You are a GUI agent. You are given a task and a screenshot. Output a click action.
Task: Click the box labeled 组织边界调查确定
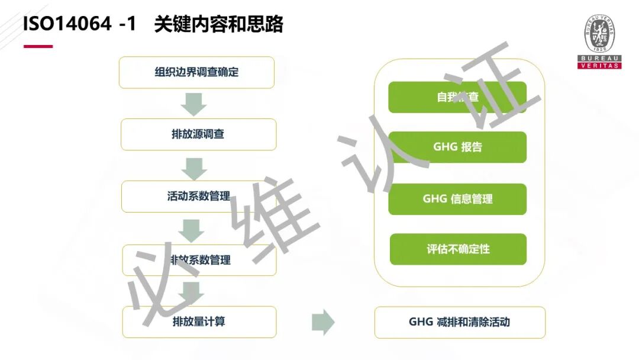196,72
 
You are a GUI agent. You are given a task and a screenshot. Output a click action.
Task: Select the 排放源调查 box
198,134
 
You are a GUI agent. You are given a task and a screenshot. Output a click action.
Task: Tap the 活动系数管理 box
198,197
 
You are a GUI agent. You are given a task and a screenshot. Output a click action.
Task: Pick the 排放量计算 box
199,322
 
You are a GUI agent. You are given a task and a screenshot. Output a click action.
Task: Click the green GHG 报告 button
457,147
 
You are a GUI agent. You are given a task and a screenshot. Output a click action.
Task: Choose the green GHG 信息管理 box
457,199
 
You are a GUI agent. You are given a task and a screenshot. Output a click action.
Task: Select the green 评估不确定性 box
458,249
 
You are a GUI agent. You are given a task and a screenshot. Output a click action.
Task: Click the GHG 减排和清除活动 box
460,322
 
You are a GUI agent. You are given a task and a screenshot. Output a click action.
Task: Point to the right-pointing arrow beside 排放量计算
323,322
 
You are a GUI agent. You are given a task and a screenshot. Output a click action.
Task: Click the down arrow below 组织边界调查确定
193,104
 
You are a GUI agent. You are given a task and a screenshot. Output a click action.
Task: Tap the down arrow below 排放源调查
193,168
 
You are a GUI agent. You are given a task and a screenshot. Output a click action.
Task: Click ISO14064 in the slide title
66,24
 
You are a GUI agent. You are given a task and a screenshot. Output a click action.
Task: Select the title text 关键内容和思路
218,24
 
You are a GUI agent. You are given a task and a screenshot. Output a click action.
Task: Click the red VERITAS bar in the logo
599,66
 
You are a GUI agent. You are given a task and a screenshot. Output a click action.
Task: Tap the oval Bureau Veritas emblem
599,34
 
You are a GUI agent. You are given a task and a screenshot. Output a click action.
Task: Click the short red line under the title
38,46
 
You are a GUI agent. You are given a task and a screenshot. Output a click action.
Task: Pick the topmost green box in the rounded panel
457,97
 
